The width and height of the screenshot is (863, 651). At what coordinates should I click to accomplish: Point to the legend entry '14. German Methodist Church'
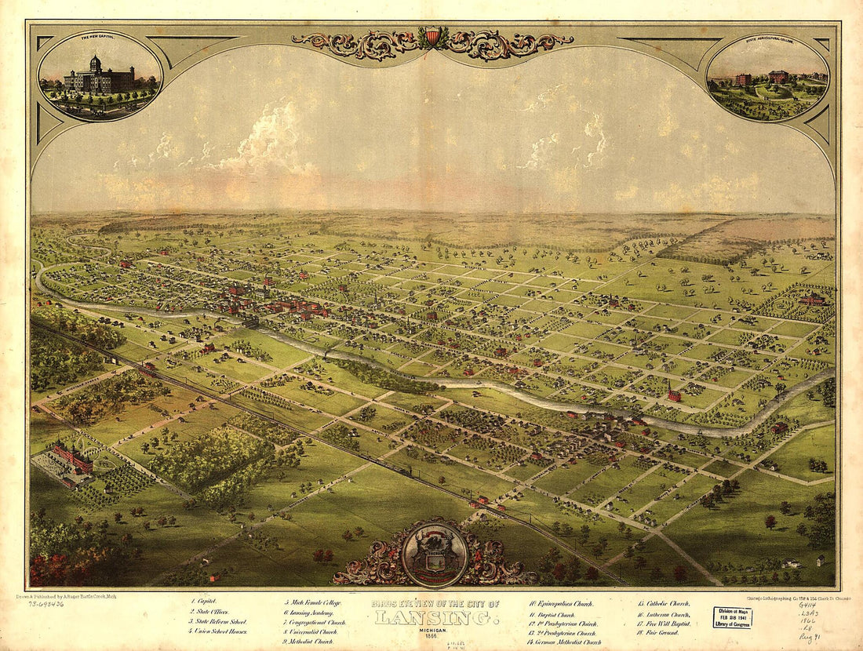(564, 642)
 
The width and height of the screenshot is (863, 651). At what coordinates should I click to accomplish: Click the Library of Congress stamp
(731, 617)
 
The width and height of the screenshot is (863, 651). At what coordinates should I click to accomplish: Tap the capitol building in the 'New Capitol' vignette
(98, 76)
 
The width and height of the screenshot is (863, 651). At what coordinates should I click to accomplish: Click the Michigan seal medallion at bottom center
(434, 554)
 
